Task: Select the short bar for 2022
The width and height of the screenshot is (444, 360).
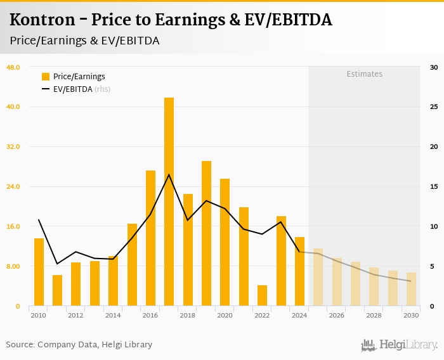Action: [262, 295]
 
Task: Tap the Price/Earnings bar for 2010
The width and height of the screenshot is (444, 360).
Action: [39, 272]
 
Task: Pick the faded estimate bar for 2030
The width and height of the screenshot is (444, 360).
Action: [411, 289]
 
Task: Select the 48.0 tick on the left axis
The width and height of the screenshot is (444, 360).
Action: [13, 67]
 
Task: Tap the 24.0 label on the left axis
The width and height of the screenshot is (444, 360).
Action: [13, 186]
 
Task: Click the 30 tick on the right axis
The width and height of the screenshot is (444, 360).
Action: [434, 67]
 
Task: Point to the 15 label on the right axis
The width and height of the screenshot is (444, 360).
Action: [434, 186]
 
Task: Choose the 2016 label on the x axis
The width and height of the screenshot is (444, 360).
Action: [150, 315]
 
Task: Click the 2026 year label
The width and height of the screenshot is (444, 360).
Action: [337, 315]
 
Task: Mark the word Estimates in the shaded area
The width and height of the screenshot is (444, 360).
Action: [364, 74]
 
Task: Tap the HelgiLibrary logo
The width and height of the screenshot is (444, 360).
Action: [399, 345]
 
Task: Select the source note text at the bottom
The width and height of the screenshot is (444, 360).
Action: [79, 345]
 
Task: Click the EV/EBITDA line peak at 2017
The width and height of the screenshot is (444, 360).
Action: [169, 175]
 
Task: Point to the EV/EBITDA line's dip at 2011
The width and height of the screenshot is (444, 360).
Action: [57, 264]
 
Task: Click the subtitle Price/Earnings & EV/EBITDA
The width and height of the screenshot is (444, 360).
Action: [84, 41]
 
